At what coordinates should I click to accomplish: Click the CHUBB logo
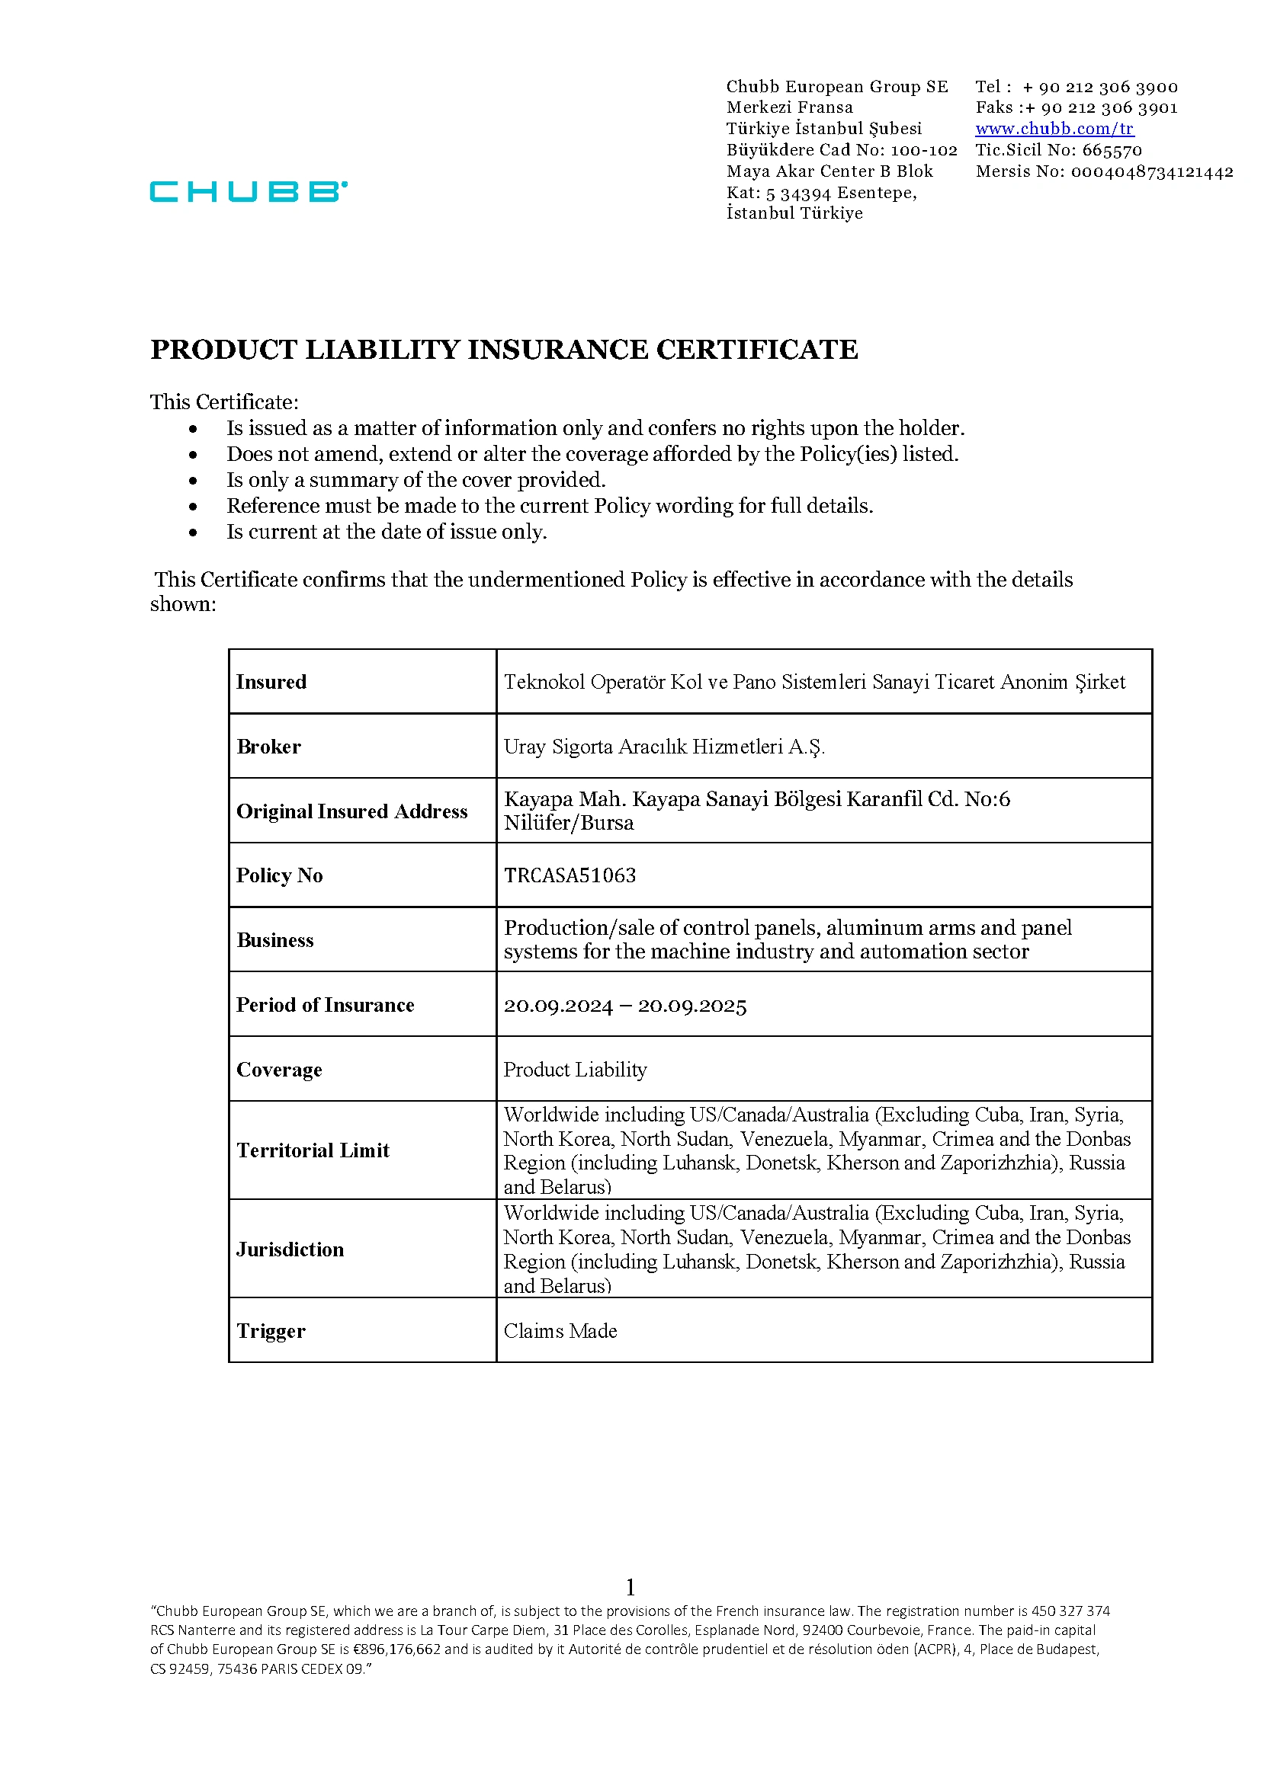[x=249, y=191]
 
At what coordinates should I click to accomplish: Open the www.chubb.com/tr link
[x=1054, y=129]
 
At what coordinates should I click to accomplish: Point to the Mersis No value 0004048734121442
[x=1151, y=171]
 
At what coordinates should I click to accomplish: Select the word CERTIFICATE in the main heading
[x=757, y=349]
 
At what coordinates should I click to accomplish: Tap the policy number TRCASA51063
[x=570, y=875]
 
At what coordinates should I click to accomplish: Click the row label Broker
[x=268, y=747]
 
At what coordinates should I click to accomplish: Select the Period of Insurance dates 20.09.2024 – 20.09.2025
[x=625, y=1006]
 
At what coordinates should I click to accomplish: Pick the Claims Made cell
[x=560, y=1331]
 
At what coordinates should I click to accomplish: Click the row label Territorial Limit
[x=313, y=1150]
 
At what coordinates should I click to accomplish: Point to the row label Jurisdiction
[x=290, y=1249]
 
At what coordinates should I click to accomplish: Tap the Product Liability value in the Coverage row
[x=576, y=1070]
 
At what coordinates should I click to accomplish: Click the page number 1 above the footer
[x=630, y=1587]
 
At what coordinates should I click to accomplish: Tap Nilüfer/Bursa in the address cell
[x=570, y=823]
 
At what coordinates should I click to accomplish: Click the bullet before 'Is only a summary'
[x=193, y=481]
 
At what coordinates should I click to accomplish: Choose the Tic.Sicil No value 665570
[x=1112, y=150]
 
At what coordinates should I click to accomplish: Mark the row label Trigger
[x=271, y=1331]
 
